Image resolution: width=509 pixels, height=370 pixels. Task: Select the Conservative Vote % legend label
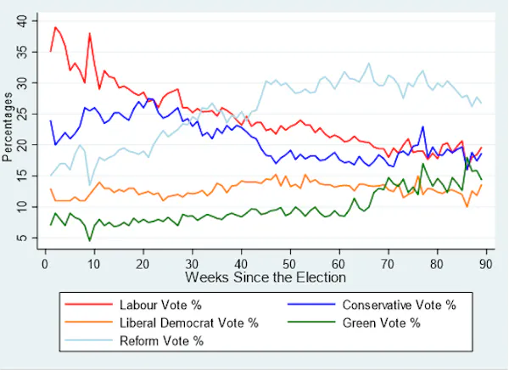click(x=399, y=305)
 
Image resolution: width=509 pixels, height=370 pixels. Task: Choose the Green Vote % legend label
click(x=381, y=322)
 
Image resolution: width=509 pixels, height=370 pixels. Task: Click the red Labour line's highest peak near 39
click(x=55, y=26)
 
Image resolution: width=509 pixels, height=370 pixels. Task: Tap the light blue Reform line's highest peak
click(x=368, y=63)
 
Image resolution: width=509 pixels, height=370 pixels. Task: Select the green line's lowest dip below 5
click(x=89, y=241)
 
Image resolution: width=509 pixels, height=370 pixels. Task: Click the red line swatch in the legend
click(x=87, y=305)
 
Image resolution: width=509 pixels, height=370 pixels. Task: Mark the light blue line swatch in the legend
click(x=87, y=340)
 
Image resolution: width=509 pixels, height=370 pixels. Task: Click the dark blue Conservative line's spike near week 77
click(x=422, y=127)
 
